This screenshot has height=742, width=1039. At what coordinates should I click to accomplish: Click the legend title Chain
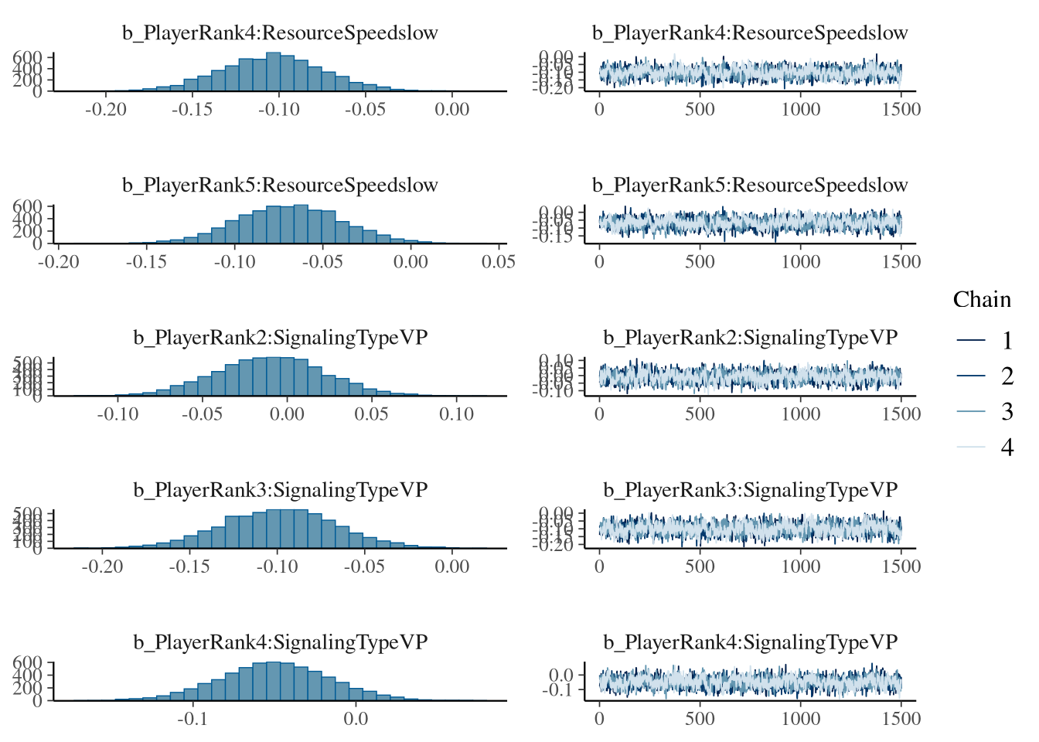(982, 300)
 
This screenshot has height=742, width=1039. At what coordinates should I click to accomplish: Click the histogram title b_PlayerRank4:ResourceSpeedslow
(280, 33)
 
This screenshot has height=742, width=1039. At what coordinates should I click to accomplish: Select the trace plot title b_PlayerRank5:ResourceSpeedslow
(750, 185)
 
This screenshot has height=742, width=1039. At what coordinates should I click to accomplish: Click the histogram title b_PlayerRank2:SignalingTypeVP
(280, 338)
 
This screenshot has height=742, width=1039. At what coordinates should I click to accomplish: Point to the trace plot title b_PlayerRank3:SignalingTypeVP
(750, 490)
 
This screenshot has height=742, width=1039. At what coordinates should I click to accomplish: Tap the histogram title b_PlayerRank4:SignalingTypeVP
(280, 642)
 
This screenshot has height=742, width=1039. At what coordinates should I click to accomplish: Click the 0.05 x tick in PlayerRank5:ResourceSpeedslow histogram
(499, 261)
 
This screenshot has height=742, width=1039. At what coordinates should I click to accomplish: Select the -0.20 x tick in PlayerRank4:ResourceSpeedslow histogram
(106, 109)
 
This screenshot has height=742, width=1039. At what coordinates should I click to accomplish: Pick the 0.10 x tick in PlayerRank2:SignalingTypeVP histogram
(456, 414)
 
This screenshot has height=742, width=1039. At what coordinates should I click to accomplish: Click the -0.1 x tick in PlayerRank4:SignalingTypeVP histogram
(192, 719)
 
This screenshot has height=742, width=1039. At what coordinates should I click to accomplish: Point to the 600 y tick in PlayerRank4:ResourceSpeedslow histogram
(28, 57)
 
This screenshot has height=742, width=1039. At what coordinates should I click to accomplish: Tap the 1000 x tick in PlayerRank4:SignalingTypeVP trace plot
(801, 719)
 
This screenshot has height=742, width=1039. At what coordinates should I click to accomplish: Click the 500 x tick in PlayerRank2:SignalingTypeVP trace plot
(700, 414)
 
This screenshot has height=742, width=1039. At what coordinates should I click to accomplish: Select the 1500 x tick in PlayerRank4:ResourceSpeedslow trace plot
(901, 109)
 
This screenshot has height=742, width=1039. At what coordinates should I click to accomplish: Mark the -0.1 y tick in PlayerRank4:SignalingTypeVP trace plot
(560, 689)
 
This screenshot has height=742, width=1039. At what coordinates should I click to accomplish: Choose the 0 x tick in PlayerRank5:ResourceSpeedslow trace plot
(599, 261)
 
